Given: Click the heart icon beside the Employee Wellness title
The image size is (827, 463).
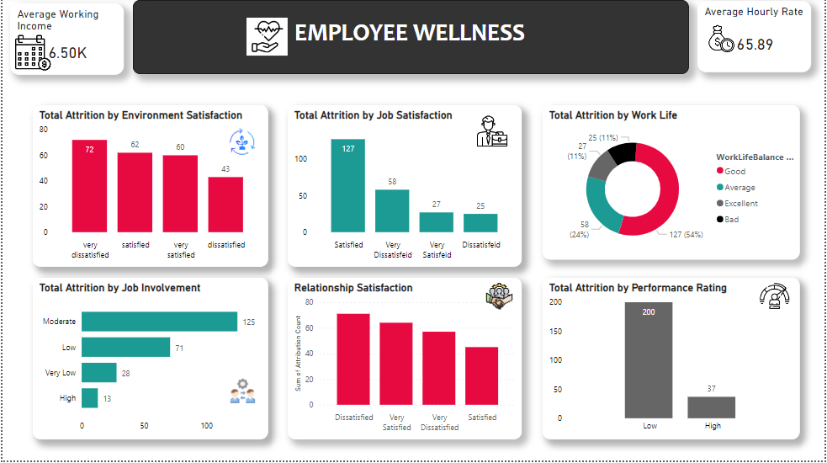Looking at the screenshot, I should point(267,36).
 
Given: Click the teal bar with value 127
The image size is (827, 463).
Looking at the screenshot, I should point(347,185).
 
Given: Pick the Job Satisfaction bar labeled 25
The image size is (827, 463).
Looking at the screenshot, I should point(480,222).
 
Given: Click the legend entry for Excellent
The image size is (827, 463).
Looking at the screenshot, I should point(740,203).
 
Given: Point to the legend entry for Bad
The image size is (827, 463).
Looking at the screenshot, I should point(731,219).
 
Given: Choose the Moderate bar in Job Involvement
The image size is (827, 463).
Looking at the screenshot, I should point(159,322).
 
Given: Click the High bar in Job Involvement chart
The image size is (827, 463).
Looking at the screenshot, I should point(89,398).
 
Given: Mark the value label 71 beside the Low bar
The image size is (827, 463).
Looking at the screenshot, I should point(179,347).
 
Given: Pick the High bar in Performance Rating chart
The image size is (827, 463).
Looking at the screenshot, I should point(712,407).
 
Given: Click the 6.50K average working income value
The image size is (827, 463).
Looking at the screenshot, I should point(67,53).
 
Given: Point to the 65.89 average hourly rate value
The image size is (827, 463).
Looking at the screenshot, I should point(755,45).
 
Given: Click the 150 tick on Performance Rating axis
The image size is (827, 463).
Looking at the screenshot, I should point(556,331).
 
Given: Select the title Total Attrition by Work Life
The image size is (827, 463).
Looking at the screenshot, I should point(612,115).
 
